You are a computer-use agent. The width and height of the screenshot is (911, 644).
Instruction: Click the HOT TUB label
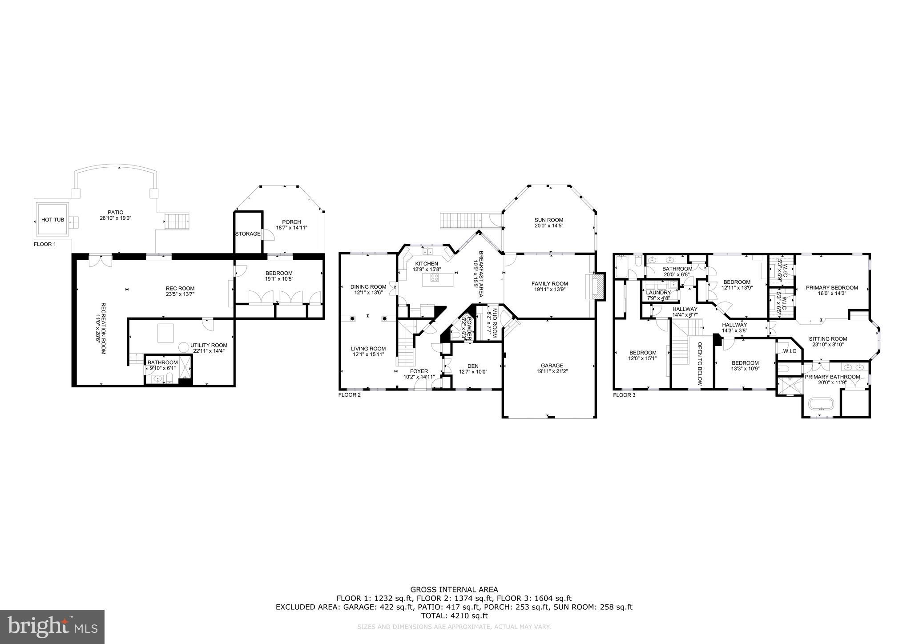tap(53, 220)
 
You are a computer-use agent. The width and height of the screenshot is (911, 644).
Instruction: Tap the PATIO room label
tap(115, 212)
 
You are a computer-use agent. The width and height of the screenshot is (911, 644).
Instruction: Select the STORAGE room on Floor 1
tap(248, 234)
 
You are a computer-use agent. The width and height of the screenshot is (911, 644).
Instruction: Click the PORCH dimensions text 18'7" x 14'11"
tap(291, 228)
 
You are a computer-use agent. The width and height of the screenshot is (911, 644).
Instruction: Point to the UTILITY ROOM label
tap(209, 345)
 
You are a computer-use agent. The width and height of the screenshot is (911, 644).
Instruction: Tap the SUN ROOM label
tap(549, 220)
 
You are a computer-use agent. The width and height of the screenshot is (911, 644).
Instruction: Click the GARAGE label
tap(552, 366)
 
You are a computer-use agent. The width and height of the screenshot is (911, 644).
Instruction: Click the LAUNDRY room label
tap(658, 293)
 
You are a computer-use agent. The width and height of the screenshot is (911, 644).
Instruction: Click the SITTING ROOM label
tap(826, 338)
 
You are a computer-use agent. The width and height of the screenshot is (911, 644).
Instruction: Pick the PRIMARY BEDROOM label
tap(831, 288)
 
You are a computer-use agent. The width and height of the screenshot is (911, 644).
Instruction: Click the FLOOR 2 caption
tap(349, 394)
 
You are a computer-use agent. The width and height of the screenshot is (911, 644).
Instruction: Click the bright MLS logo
tap(52, 627)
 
